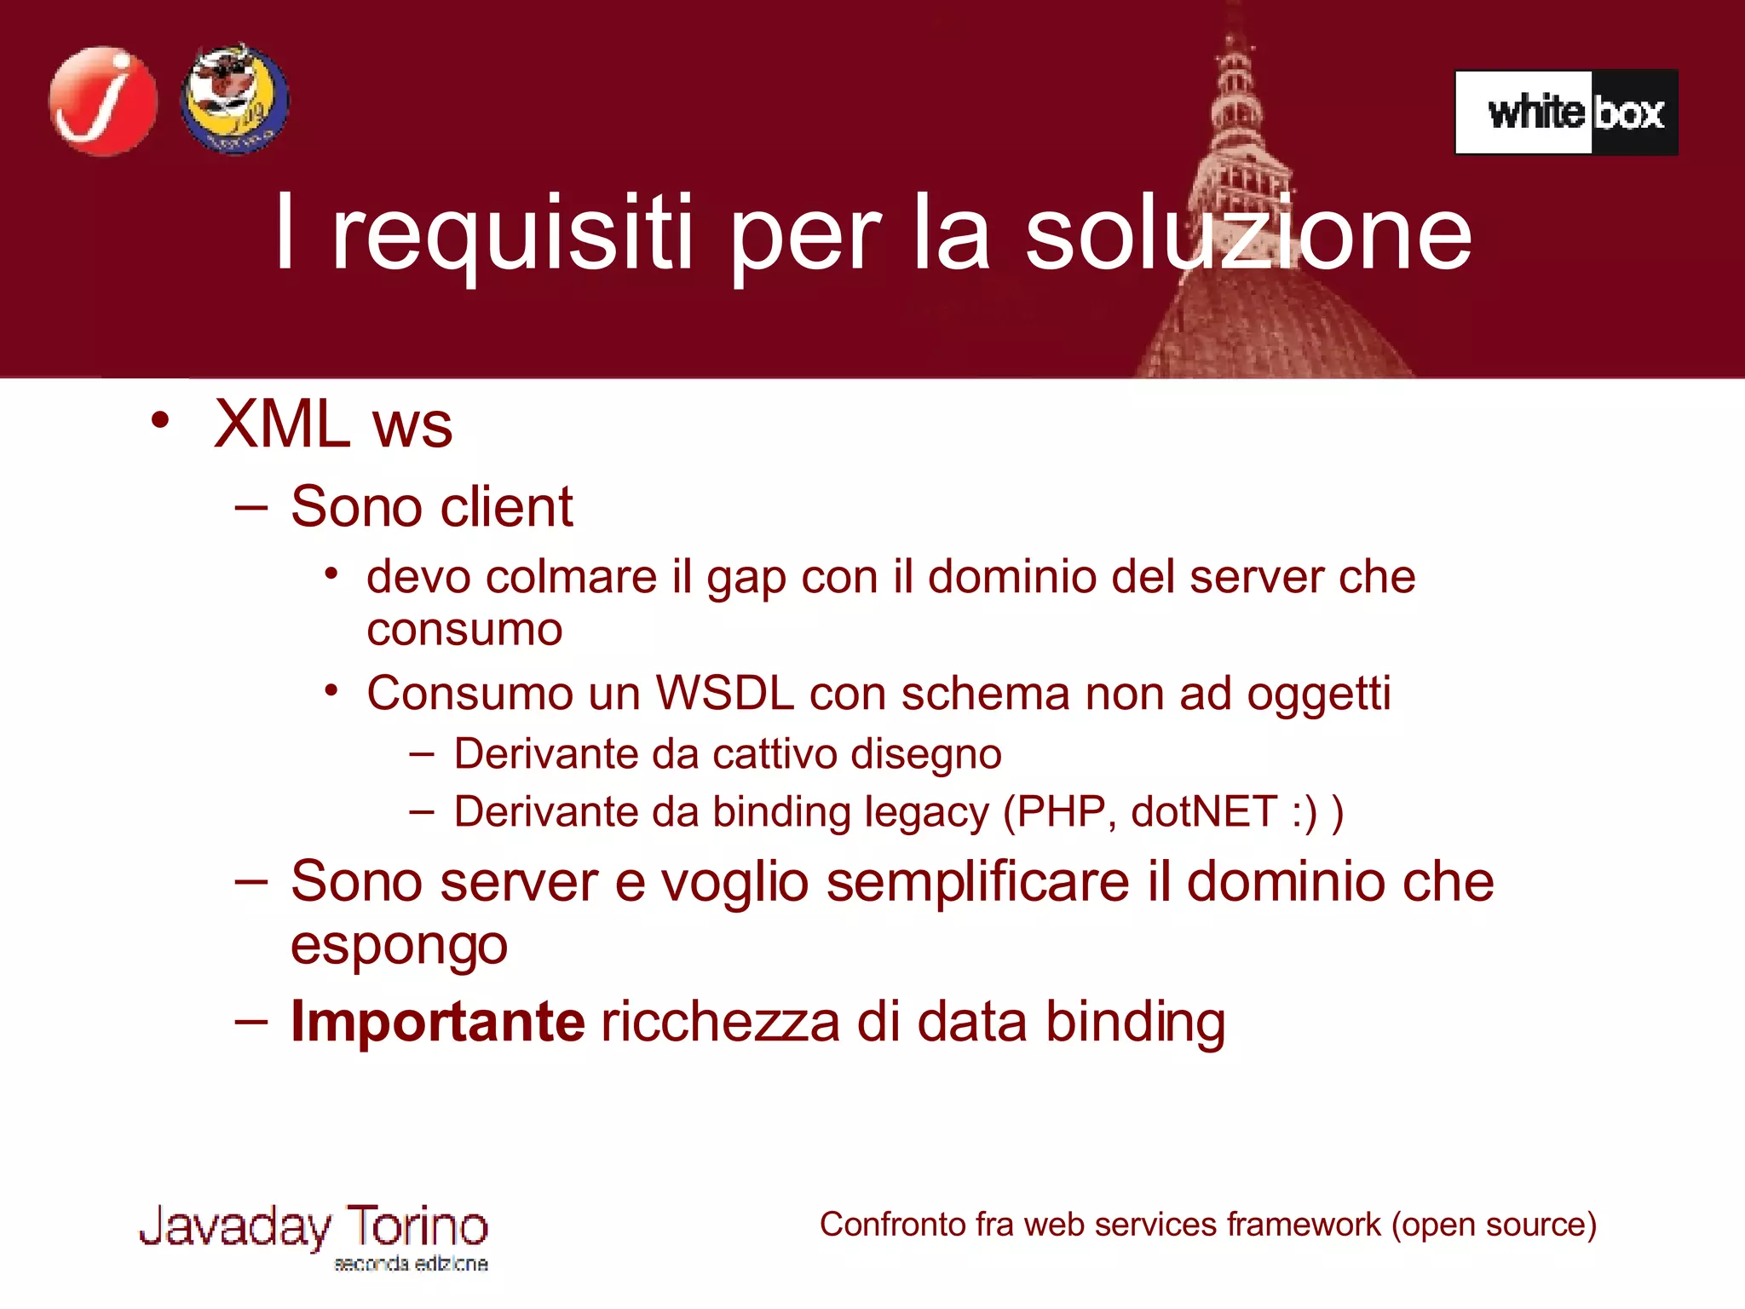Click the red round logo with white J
pos(103,101)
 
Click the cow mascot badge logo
pos(234,100)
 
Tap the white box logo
pos(1566,112)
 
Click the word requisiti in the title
pos(511,234)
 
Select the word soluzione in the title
pos(1247,234)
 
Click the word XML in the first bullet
pos(282,424)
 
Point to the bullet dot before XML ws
pos(159,420)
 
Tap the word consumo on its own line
pos(464,631)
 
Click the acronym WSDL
pos(724,693)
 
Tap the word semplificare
pos(977,882)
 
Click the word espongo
pos(399,946)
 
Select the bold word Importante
pos(437,1021)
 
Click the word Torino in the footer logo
pos(417,1226)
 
